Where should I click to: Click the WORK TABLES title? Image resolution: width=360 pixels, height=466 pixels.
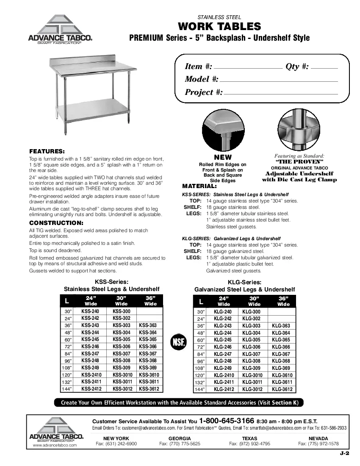[x=219, y=27]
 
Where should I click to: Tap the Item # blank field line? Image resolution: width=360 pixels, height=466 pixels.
[x=249, y=68]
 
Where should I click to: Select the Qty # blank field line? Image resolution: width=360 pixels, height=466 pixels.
[x=324, y=68]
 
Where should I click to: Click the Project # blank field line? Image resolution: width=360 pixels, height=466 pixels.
[x=281, y=94]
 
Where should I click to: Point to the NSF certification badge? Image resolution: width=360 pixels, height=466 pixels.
[x=178, y=341]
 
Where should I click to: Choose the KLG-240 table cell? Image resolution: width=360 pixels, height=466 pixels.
[x=222, y=311]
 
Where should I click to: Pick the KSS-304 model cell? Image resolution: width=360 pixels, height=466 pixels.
[x=121, y=333]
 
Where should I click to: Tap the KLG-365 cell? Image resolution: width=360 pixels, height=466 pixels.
[x=281, y=340]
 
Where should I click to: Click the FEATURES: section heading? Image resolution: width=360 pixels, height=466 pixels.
[x=47, y=151]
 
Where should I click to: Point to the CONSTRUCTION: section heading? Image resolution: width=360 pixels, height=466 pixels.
[x=56, y=222]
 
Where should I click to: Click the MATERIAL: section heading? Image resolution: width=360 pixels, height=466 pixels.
[x=199, y=186]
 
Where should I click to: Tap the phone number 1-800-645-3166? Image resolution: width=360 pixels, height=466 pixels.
[x=227, y=421]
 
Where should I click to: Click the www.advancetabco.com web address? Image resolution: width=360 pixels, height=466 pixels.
[x=55, y=445]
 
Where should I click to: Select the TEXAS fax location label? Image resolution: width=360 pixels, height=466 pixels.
[x=249, y=438]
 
